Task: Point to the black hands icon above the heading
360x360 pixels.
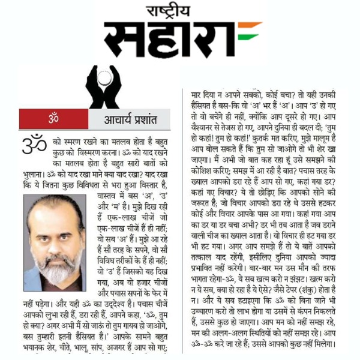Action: click(103, 86)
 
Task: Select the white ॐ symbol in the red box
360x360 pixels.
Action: click(53, 119)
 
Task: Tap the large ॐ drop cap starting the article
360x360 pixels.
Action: click(34, 144)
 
